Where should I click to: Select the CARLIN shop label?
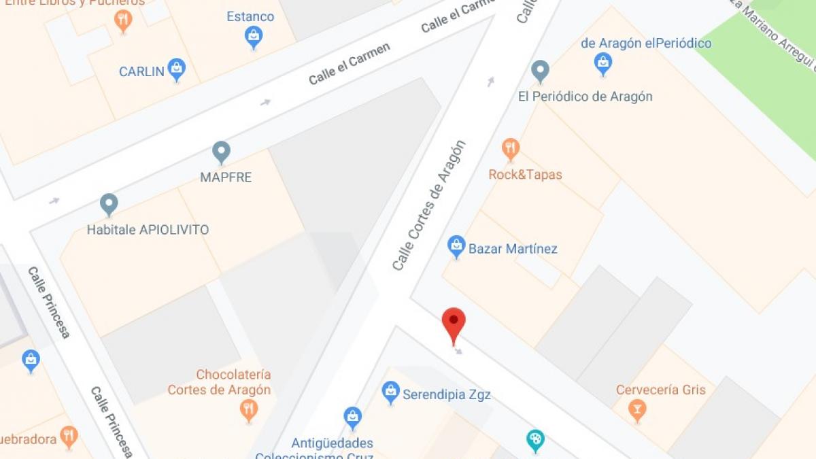141,71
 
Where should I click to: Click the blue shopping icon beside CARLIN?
177,69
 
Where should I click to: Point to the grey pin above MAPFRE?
221,152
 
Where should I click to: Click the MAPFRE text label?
226,177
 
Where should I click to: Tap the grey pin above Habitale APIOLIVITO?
109,204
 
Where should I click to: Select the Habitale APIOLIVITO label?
148,230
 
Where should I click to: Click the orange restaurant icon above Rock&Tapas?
511,148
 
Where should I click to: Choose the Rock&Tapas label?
525,175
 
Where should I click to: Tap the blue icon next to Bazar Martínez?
456,246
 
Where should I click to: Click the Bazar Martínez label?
513,249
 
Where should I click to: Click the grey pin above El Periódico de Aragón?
540,71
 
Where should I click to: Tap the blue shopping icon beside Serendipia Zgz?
390,392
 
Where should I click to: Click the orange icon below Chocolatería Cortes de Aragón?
249,409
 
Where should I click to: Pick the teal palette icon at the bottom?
535,440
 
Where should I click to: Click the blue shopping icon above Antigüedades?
352,417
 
